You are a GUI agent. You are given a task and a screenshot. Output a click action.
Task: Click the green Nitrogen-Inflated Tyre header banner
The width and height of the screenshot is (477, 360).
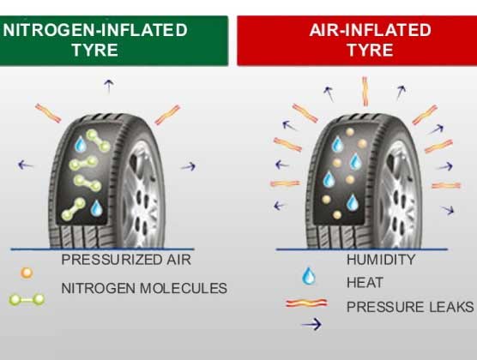[x=114, y=40]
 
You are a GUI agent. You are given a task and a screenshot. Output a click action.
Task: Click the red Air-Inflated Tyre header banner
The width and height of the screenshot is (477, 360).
[x=357, y=40]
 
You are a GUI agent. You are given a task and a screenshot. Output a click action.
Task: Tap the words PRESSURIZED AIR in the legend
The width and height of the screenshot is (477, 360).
[x=126, y=260]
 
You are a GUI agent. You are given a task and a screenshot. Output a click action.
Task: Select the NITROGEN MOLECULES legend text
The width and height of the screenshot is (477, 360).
[x=144, y=288]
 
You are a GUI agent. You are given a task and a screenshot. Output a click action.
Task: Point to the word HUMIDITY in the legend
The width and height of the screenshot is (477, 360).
[x=381, y=260]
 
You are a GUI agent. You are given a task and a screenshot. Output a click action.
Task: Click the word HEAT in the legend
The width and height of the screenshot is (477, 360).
[x=365, y=283]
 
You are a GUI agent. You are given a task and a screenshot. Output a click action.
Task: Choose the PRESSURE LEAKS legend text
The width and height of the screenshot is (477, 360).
[x=410, y=307]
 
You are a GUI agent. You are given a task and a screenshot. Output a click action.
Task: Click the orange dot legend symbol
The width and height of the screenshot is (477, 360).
[x=27, y=273]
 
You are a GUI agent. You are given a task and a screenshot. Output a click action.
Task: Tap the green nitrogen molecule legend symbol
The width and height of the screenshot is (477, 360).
[x=27, y=300]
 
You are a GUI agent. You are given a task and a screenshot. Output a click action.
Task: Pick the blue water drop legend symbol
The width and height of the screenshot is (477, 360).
[x=309, y=276]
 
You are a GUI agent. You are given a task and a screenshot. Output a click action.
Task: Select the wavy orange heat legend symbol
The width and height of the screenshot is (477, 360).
[x=306, y=303]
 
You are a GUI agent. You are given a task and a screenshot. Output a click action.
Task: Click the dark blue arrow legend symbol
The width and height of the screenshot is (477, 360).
[x=311, y=324]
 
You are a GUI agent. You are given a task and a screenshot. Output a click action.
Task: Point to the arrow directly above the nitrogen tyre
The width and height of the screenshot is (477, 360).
[x=109, y=86]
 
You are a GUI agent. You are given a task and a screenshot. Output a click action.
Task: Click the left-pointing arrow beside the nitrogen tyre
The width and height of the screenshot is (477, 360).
[x=26, y=165]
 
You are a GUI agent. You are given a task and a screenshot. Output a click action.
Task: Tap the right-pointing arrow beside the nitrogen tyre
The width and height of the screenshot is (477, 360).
[x=188, y=166]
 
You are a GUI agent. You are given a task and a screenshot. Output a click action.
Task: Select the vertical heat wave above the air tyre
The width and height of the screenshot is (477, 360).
[x=365, y=92]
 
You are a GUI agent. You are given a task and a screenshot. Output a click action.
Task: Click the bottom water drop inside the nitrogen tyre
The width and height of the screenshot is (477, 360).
[x=97, y=208]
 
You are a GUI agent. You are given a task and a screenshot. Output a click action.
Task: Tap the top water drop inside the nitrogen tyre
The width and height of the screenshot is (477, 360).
[x=81, y=144]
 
